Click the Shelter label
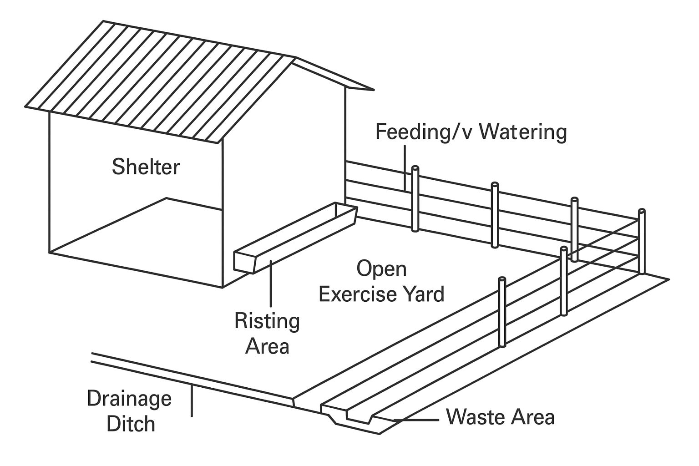pos(146,167)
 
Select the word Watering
pos(523,132)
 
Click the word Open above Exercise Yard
pos(381,269)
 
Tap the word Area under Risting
pos(267,346)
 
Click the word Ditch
pos(131,424)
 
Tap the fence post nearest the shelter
pos(415,199)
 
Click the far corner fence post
pos(642,241)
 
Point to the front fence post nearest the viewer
pos(502,312)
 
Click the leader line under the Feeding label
pos(405,168)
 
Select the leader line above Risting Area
pos(271,284)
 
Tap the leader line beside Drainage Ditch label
pos(192,401)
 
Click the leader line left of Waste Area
pos(416,420)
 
